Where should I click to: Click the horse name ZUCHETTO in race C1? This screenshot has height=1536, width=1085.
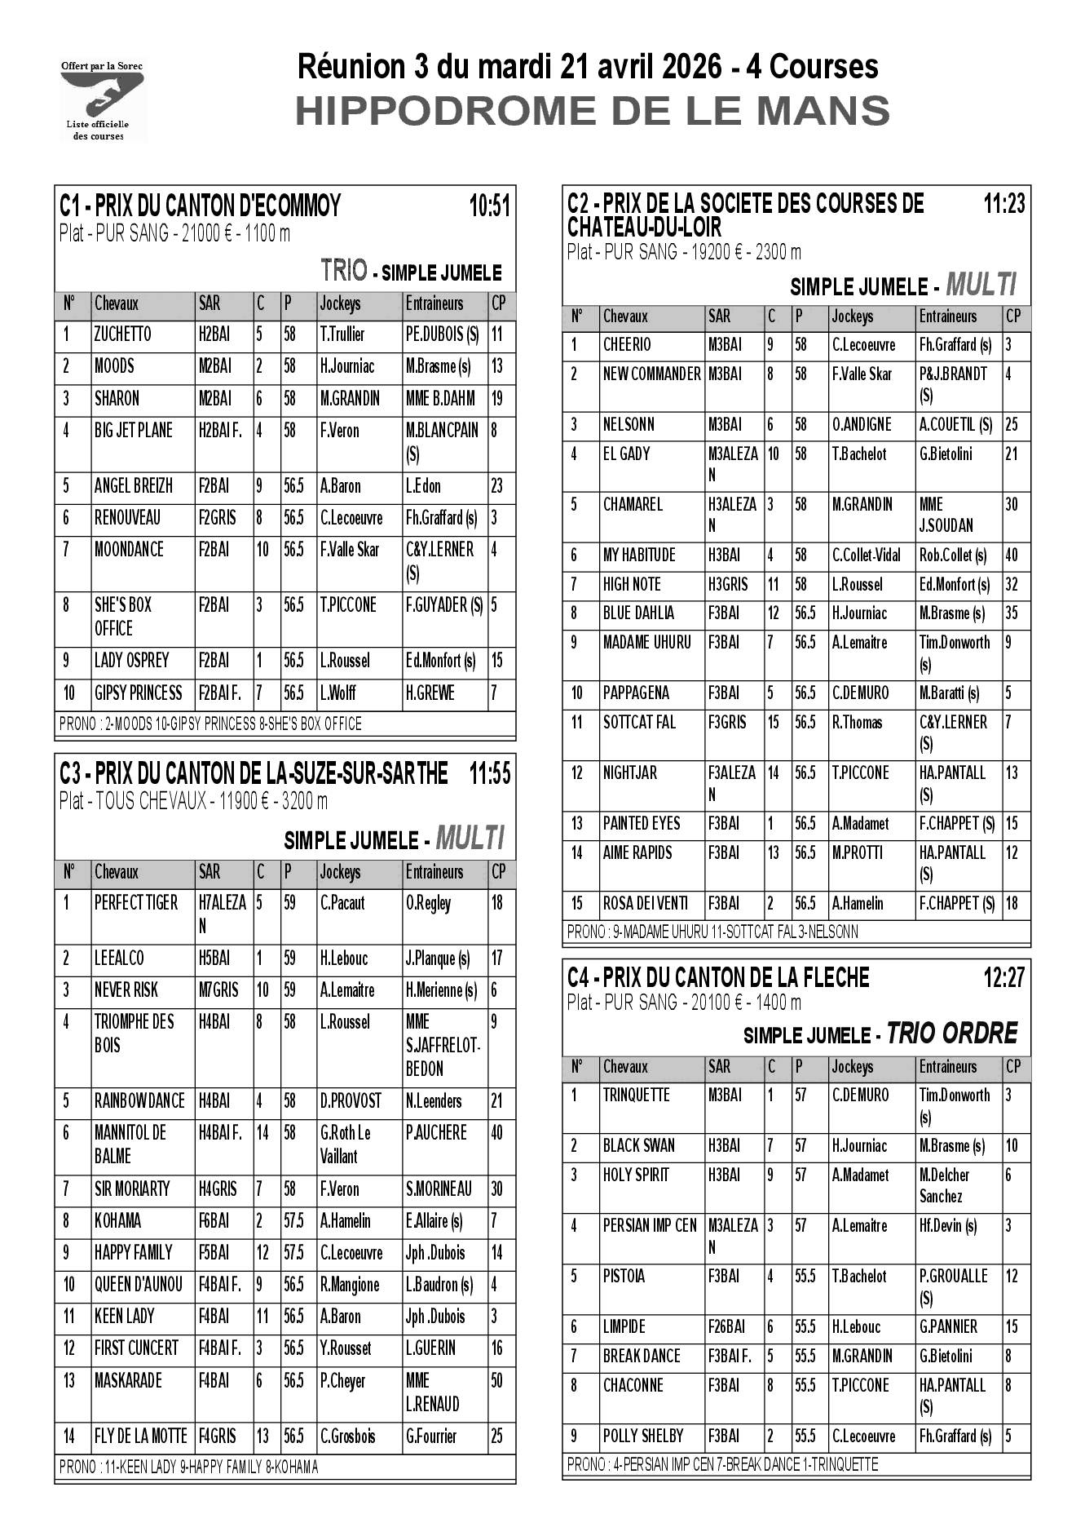tap(122, 334)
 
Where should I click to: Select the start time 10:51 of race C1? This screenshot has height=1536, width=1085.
tap(489, 206)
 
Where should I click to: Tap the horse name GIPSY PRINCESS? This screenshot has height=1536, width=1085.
tap(138, 693)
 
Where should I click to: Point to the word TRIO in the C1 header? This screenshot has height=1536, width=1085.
tap(344, 270)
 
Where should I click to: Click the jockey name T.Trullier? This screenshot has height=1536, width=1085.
tap(342, 334)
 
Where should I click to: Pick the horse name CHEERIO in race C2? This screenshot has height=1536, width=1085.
tap(627, 345)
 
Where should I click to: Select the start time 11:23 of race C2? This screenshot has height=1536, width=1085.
tap(1003, 203)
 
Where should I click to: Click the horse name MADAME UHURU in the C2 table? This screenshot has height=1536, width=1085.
tap(646, 643)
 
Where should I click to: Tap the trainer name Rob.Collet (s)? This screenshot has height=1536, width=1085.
tap(953, 556)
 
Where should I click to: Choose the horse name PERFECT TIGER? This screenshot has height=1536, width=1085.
tap(136, 903)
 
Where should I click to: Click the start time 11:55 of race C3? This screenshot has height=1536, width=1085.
tap(489, 773)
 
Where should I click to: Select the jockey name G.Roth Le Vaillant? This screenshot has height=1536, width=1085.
tap(346, 1144)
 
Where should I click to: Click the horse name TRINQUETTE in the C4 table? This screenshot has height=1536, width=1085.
tap(636, 1096)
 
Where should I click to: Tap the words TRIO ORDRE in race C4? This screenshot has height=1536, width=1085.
tap(952, 1034)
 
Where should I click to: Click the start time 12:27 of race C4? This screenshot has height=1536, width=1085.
tap(1003, 977)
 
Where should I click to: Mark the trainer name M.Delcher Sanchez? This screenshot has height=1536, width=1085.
tap(945, 1186)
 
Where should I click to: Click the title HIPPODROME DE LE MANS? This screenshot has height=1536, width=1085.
tap(592, 111)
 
